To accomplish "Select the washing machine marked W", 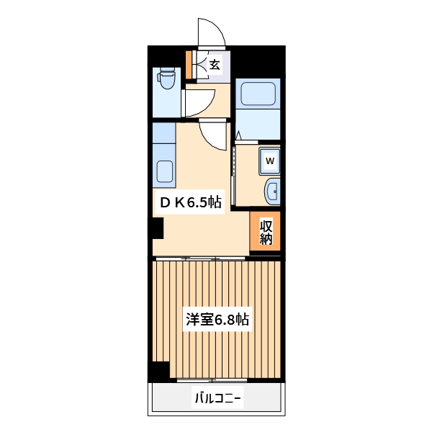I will (269, 161).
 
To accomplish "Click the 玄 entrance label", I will (215, 64).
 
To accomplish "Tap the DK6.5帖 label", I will (190, 203).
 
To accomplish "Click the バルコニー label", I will (217, 397).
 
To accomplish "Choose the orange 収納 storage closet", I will (266, 231).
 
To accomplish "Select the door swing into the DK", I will (213, 135).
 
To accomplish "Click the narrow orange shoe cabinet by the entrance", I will (189, 63).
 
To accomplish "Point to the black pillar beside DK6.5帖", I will (157, 229).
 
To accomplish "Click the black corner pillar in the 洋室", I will (159, 371).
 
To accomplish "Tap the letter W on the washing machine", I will (269, 161).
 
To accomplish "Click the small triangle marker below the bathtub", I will (238, 135).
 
